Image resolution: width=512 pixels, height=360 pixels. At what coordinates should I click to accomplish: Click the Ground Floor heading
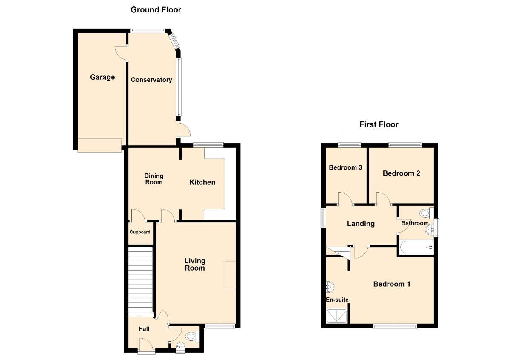(x=156, y=10)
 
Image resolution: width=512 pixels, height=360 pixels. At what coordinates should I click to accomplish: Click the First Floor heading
(x=379, y=124)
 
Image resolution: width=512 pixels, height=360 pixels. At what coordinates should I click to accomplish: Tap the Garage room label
(x=102, y=77)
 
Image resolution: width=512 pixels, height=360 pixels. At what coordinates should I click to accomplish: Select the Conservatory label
(x=151, y=80)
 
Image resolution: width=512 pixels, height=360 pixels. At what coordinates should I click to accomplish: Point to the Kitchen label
(x=202, y=182)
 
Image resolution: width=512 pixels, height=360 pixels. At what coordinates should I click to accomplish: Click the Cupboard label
(x=140, y=232)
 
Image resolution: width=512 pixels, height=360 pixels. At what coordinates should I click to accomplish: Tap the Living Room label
(x=195, y=264)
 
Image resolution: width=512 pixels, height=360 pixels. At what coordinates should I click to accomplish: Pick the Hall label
(x=144, y=329)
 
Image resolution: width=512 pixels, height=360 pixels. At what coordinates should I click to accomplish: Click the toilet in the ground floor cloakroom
(x=192, y=336)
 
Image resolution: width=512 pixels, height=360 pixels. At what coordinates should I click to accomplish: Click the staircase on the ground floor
(x=140, y=281)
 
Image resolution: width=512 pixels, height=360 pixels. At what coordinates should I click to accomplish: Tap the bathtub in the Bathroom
(x=416, y=247)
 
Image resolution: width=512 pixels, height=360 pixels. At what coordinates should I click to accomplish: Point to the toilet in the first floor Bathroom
(x=426, y=213)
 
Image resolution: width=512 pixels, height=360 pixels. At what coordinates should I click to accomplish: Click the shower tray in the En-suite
(x=337, y=316)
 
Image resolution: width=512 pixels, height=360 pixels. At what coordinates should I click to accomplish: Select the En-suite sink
(x=330, y=287)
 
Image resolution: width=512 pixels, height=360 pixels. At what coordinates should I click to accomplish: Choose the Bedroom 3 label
(x=345, y=167)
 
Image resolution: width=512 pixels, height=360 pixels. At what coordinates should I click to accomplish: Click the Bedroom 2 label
(x=401, y=173)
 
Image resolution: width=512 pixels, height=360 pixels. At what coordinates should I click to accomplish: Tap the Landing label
(x=361, y=223)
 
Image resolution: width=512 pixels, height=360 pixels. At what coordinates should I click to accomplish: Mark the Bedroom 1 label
(x=391, y=284)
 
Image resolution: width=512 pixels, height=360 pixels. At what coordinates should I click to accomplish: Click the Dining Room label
(x=154, y=179)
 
